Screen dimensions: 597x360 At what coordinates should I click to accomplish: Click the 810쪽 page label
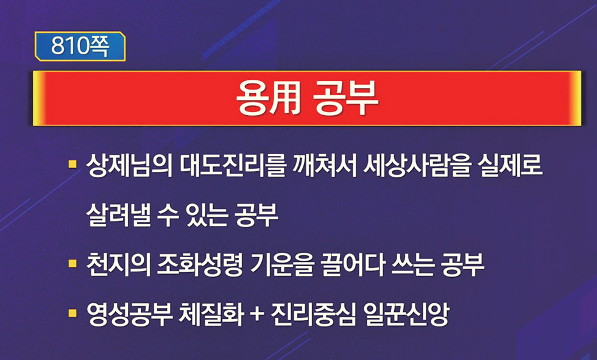pos(80,46)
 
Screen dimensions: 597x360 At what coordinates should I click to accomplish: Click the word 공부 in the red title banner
pos(346,97)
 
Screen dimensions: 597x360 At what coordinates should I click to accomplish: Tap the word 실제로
pos(510,166)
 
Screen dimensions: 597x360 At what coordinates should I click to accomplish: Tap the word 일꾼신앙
pos(407,315)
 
